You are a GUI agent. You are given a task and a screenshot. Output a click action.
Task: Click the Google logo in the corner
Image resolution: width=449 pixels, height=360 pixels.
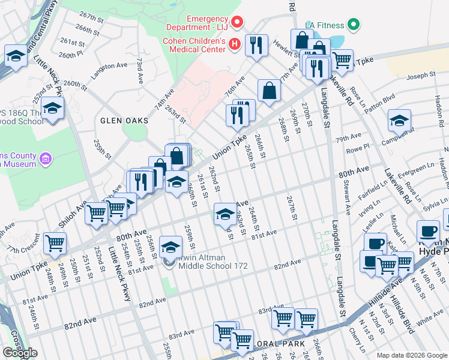[x=20, y=353]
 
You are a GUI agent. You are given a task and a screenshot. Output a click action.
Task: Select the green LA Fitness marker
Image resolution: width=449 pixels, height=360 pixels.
[x=354, y=25]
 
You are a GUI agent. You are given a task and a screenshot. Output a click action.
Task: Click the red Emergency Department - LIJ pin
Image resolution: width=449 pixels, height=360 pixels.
[x=237, y=23]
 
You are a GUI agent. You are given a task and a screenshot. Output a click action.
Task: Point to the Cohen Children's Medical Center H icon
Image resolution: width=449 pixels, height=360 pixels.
[x=235, y=44]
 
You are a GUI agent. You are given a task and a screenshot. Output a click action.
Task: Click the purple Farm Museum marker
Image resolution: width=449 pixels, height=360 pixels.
[x=45, y=159]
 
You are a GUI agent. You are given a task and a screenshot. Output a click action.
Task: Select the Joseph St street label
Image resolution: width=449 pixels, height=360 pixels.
[x=420, y=76]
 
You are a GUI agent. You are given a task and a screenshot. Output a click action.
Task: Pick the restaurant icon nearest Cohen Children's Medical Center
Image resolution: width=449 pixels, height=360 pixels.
[x=256, y=45]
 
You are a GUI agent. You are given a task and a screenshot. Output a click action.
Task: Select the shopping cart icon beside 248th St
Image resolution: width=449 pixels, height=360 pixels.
[x=55, y=244]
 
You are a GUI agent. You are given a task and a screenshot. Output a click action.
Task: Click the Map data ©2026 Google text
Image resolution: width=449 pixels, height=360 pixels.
[x=412, y=355]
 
